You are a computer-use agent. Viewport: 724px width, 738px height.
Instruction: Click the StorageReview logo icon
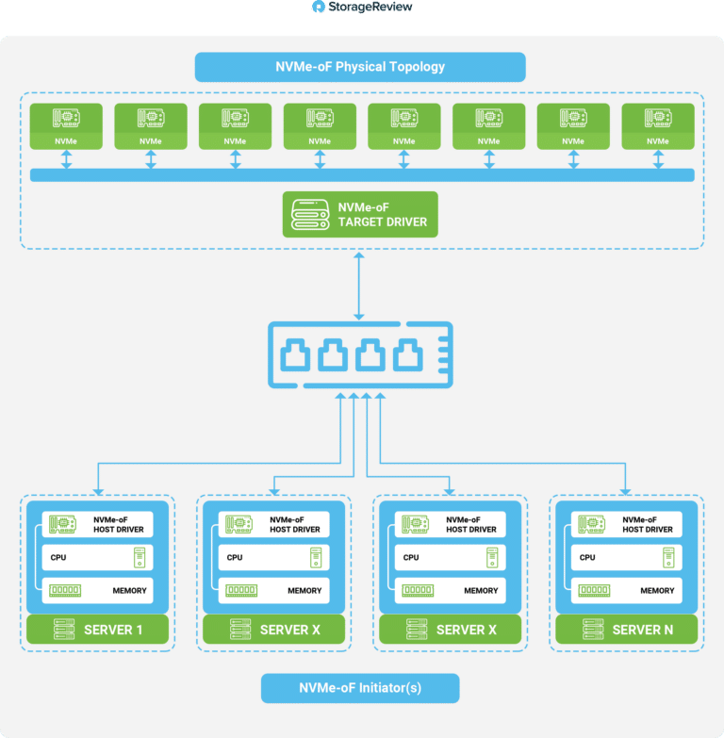coord(319,7)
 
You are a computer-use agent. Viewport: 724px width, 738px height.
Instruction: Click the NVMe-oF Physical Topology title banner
coord(360,67)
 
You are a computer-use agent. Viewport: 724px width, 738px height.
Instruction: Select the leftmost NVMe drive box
coord(66,126)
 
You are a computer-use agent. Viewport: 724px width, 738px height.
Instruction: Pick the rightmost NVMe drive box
coord(658,126)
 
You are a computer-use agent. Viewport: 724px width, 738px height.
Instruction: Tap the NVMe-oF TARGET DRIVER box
coord(360,214)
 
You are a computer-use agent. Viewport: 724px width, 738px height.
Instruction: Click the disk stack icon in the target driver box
coord(310,215)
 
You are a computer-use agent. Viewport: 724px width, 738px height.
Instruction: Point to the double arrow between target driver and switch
coord(359,287)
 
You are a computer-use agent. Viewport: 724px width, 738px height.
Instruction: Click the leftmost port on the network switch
coord(295,355)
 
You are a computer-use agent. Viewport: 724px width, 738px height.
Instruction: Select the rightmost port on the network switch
coord(407,355)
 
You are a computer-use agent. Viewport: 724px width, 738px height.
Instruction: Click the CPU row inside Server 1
coord(97,557)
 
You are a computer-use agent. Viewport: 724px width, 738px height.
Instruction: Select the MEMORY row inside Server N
coord(627,590)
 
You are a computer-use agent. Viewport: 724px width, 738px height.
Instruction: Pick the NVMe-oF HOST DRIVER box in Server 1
coord(97,524)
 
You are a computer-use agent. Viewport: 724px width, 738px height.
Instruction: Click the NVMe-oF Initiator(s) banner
coord(360,688)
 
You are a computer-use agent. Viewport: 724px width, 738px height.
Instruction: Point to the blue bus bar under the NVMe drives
coord(362,175)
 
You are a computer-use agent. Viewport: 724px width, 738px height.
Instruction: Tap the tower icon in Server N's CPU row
coord(668,557)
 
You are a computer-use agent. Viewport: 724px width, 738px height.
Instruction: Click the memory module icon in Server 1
coord(65,590)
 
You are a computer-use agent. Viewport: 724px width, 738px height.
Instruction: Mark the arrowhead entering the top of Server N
coord(625,492)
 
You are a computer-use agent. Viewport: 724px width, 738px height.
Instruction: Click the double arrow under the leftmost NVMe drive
coord(66,159)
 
